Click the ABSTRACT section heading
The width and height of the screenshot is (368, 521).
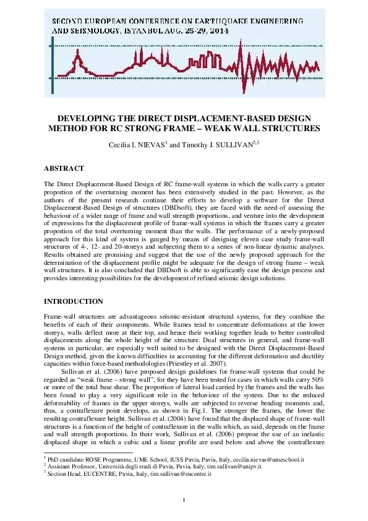[64, 168]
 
